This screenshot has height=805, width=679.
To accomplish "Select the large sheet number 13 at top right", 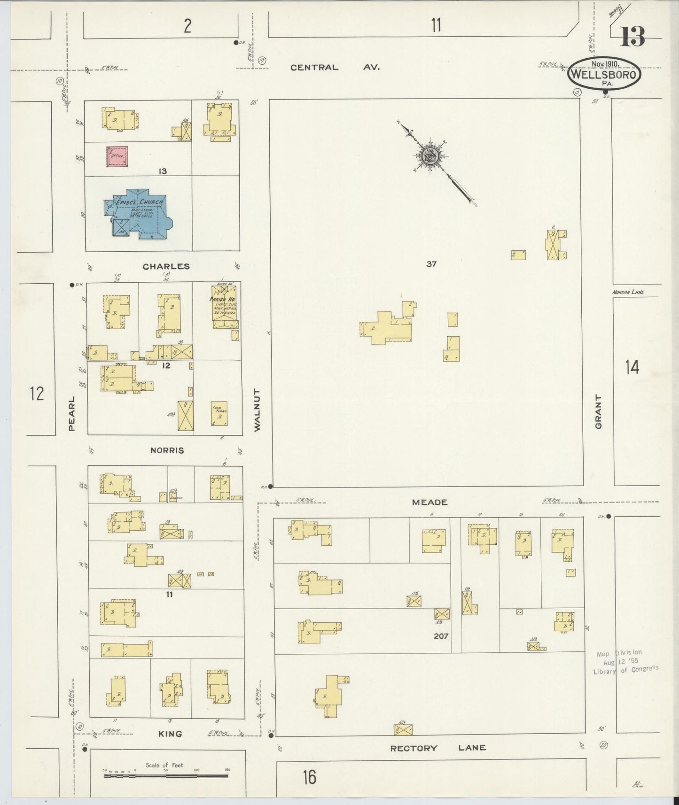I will pyautogui.click(x=632, y=37).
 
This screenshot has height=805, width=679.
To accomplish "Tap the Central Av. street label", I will pyautogui.click(x=335, y=67).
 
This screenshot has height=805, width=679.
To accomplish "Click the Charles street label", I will pyautogui.click(x=166, y=266).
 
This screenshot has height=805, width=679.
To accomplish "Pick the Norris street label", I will pyautogui.click(x=167, y=450).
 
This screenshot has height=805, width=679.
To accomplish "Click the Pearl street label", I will pyautogui.click(x=72, y=414).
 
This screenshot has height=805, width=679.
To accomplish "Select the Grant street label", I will pyautogui.click(x=598, y=411).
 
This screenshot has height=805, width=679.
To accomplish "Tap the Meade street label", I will pyautogui.click(x=429, y=502).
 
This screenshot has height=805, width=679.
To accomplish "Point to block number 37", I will pyautogui.click(x=431, y=264).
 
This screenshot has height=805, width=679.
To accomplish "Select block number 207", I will pyautogui.click(x=441, y=636).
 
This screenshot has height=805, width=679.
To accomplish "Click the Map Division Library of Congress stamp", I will pyautogui.click(x=625, y=661).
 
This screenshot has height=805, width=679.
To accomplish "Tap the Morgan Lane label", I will pyautogui.click(x=628, y=292).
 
